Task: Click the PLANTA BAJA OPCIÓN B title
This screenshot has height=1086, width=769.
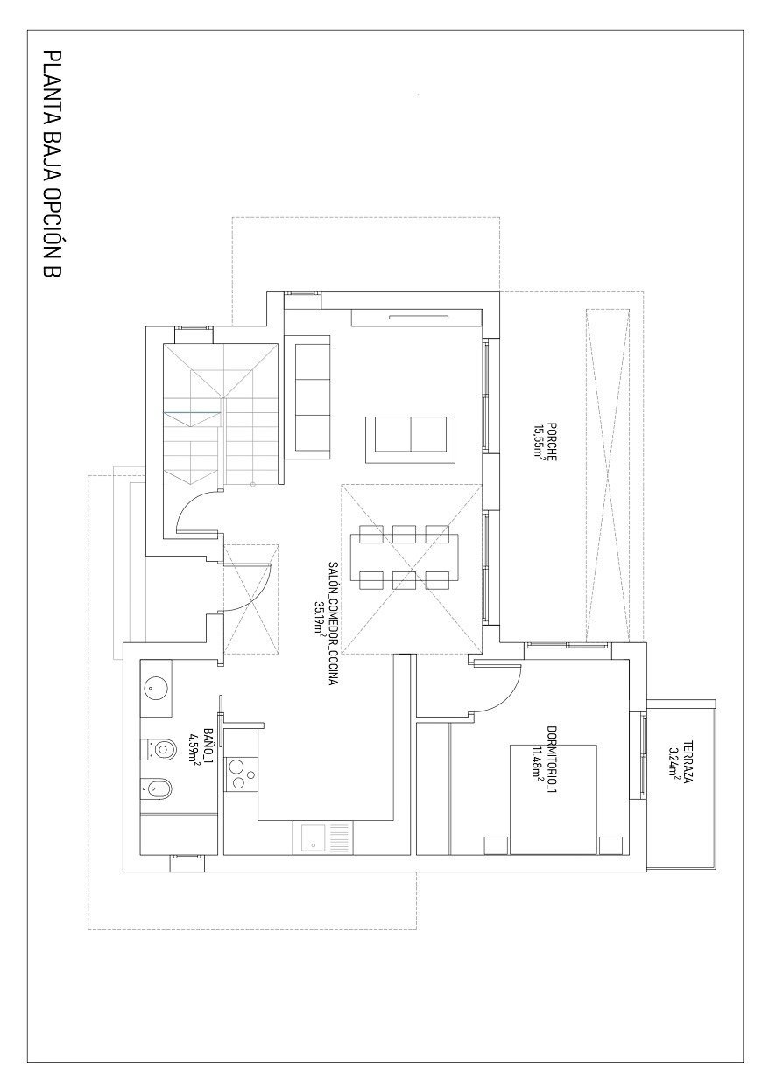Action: coord(53,165)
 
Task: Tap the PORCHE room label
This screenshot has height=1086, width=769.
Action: coord(552,442)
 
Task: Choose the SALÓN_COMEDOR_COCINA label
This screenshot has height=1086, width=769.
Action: coord(333,623)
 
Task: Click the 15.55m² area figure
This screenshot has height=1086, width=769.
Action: coord(539,442)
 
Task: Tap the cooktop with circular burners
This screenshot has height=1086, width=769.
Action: coord(241,774)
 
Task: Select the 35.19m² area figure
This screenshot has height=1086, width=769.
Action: coord(319,623)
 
